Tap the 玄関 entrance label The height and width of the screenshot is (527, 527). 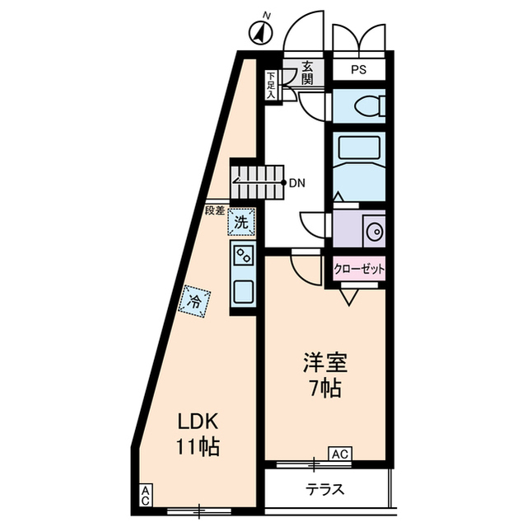click(x=306, y=73)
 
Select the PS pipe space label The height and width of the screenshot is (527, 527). click(x=359, y=71)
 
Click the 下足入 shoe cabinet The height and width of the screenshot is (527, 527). click(x=271, y=86)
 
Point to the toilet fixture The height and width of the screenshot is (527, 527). click(x=362, y=106)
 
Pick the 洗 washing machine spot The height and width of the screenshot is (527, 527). click(x=240, y=222)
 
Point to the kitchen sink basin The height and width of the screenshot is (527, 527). click(x=245, y=290)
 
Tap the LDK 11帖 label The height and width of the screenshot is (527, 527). click(x=198, y=434)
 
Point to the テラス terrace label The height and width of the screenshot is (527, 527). click(x=325, y=489)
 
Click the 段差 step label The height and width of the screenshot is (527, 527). click(x=216, y=211)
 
